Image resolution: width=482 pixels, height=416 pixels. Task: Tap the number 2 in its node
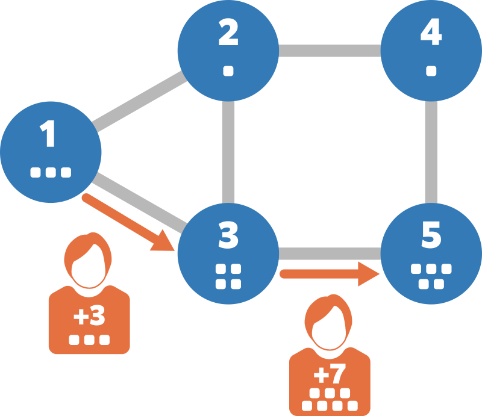[x=228, y=35]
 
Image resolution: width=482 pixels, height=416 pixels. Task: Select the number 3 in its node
[x=228, y=237]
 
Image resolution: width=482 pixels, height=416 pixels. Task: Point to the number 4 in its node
[x=431, y=35]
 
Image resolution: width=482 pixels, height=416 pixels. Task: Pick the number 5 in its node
[x=431, y=237]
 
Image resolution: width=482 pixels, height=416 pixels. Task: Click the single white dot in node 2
[x=228, y=71]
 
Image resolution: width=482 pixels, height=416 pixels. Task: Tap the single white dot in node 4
[x=431, y=71]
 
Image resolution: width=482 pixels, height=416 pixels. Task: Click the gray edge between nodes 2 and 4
[x=330, y=51]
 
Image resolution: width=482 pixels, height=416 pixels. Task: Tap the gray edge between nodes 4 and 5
[x=431, y=152]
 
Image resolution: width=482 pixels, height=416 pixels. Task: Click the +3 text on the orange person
[x=89, y=316]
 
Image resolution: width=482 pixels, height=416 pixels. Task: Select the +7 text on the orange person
[x=330, y=375]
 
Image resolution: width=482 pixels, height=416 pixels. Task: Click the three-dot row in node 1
[x=51, y=173]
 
